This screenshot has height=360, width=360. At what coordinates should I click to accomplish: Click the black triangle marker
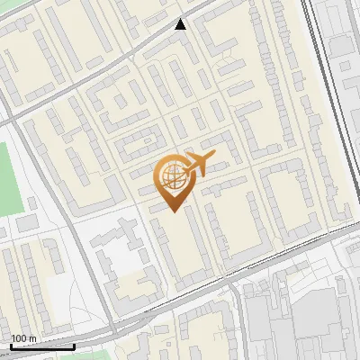click(181, 24)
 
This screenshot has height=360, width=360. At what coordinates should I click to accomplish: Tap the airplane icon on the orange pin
click(199, 164)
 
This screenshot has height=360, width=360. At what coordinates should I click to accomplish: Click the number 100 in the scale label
click(19, 338)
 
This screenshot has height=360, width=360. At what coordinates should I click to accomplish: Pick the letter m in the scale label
click(32, 338)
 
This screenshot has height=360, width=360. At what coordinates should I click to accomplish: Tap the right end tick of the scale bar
click(74, 345)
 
